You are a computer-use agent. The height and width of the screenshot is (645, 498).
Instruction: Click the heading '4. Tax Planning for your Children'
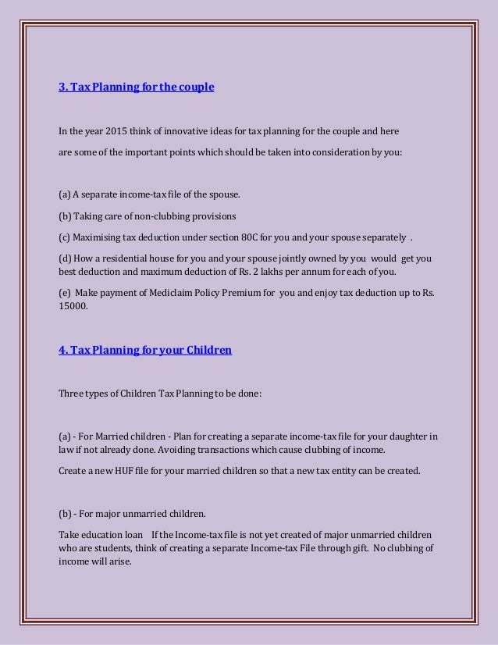tap(145, 350)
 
